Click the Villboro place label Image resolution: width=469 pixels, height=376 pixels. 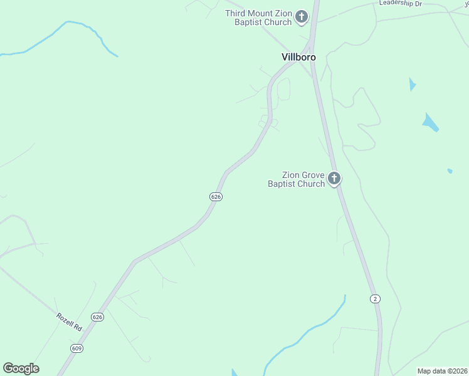[x=298, y=57]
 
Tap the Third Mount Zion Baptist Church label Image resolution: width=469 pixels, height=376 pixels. [x=259, y=18]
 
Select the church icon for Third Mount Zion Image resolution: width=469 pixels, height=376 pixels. [x=302, y=17]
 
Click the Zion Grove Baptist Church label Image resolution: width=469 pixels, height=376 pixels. [x=296, y=179]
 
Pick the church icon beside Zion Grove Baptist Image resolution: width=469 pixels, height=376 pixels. [x=334, y=179]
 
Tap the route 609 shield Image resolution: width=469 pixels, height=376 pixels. [x=77, y=348]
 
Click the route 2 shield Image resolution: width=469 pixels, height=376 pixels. [x=375, y=298]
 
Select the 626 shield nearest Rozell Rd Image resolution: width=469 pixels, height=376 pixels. [x=97, y=317]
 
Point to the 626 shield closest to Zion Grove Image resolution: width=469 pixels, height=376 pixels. [x=216, y=197]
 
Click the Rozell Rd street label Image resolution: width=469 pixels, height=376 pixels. [x=69, y=322]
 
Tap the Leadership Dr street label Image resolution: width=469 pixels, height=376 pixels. [x=401, y=4]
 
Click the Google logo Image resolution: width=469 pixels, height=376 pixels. [x=21, y=368]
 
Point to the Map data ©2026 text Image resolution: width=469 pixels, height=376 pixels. [x=442, y=371]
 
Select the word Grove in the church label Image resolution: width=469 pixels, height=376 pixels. [x=312, y=175]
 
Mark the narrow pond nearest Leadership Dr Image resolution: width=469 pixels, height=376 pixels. [x=412, y=84]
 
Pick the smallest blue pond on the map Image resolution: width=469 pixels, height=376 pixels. [x=450, y=170]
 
